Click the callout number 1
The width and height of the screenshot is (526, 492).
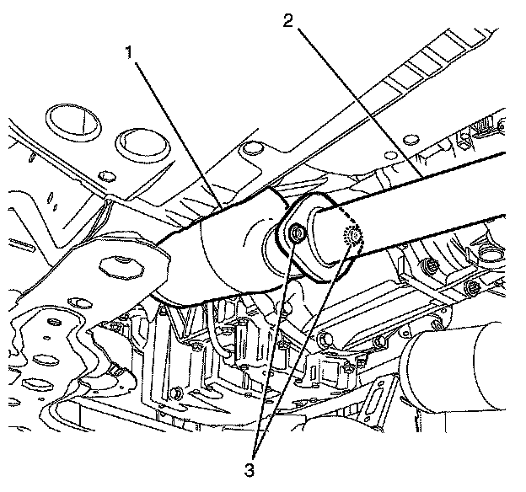pos(131,52)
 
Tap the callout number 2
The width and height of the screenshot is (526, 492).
pos(288,20)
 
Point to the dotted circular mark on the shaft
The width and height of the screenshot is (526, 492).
pos(352,238)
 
